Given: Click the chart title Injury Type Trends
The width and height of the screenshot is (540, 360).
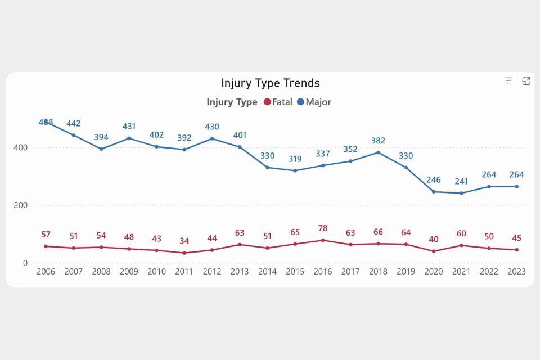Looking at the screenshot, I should coord(270,83).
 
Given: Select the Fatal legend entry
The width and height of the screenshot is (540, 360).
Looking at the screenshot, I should coord(277,102).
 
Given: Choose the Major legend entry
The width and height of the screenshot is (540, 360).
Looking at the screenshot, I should coord(314,102).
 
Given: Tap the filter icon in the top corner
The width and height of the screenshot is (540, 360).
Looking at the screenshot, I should coord(508,81).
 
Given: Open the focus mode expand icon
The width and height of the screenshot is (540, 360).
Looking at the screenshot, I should coord(526,81).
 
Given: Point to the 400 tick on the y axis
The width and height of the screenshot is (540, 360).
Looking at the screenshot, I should coord(20,147).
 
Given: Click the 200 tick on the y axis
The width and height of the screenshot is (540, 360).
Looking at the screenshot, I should coord(20,205).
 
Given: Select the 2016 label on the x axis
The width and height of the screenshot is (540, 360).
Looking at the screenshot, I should coord(322,271).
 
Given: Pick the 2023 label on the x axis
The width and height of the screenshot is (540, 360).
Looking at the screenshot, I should coord(516,271).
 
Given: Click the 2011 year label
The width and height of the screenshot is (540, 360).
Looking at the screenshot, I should coord(184,271).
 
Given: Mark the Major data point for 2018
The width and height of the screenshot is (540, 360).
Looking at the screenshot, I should coord(378,152).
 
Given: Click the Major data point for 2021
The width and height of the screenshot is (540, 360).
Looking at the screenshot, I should coord(461,193).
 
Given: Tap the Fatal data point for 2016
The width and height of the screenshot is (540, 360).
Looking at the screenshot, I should coord(323,240).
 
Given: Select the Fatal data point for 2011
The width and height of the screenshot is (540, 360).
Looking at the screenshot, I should coord(184,253).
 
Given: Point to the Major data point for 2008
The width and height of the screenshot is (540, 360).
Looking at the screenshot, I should coord(101,149).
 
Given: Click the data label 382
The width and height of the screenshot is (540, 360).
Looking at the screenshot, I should coord(378,141).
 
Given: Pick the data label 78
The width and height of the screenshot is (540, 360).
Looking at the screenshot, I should coord(323,228).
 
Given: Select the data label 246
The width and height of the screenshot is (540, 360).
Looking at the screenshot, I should coord(433,180).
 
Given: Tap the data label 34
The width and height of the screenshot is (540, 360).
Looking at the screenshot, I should coord(184,241).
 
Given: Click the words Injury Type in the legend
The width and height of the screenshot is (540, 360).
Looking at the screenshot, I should coord(232,102).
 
